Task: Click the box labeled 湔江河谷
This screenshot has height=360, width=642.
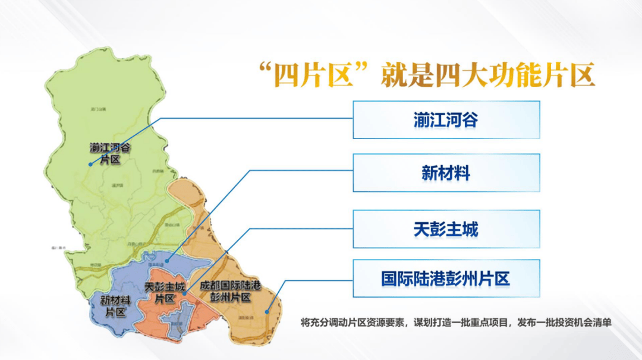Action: pyautogui.click(x=446, y=120)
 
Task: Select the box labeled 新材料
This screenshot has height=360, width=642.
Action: pyautogui.click(x=446, y=173)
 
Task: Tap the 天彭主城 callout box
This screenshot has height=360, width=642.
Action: pyautogui.click(x=446, y=229)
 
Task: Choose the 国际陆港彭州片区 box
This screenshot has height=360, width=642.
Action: pyautogui.click(x=446, y=279)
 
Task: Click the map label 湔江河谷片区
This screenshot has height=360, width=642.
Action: pyautogui.click(x=111, y=153)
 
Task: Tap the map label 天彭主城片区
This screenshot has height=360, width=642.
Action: pyautogui.click(x=164, y=293)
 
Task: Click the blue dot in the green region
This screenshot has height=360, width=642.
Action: pyautogui.click(x=90, y=164)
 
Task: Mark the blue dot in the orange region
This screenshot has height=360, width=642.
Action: pyautogui.click(x=267, y=311)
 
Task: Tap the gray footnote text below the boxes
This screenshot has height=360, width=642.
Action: pyautogui.click(x=456, y=323)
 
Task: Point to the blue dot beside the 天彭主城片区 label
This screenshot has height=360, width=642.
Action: pyautogui.click(x=184, y=292)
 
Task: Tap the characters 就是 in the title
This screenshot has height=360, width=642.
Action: pyautogui.click(x=406, y=75)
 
